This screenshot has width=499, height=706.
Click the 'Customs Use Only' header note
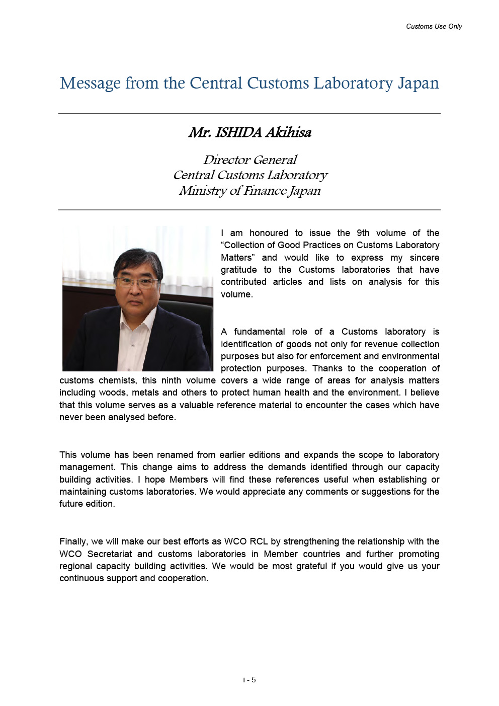pos(434,26)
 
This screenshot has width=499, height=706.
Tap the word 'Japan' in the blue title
pos(418,83)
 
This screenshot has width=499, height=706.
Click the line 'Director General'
pos(250,160)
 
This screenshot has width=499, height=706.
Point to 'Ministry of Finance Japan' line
pos(250,191)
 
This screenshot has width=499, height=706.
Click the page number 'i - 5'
pos(249,680)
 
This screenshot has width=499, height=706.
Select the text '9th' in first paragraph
pos(363,233)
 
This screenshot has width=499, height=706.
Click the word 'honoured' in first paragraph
pos(269,233)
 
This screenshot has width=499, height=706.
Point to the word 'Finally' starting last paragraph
pos(73,541)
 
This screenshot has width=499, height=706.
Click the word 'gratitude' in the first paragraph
pos(238,270)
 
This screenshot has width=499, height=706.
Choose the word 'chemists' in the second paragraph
pos(117,380)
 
